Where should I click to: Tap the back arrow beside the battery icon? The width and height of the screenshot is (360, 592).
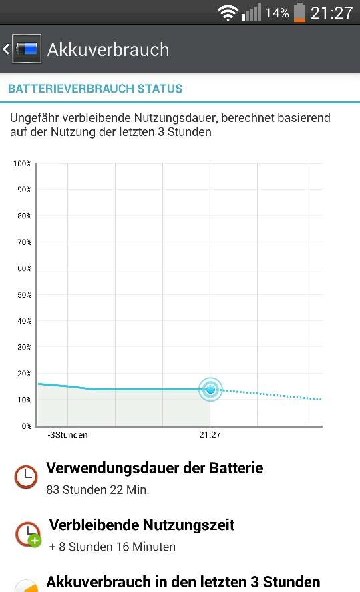(x=6, y=49)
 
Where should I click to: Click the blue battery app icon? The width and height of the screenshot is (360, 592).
(x=27, y=49)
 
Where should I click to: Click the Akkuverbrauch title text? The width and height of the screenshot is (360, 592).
(x=108, y=49)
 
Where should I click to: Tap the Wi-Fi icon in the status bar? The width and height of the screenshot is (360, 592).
(x=227, y=13)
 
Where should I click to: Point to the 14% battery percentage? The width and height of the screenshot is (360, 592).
(x=277, y=13)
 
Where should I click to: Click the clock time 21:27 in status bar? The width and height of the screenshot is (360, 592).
(x=332, y=13)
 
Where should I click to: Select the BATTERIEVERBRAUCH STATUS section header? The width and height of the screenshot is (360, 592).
(x=96, y=89)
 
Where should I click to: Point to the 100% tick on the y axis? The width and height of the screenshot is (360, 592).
(x=22, y=164)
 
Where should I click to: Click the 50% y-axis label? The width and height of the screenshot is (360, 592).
(x=24, y=295)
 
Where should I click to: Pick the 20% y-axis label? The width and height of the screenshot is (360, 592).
(x=24, y=374)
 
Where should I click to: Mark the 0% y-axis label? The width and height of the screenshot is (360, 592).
(x=27, y=426)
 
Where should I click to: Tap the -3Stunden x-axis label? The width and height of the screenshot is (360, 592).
(x=67, y=435)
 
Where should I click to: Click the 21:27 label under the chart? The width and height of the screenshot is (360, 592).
(x=210, y=435)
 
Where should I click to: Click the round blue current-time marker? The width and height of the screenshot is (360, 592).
(x=211, y=389)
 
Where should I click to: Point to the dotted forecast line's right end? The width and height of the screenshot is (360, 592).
(x=321, y=399)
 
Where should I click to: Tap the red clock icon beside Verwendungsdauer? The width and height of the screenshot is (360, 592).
(x=26, y=477)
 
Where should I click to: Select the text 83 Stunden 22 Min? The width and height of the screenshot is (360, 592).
(x=98, y=490)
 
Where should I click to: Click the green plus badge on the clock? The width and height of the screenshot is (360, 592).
(x=34, y=541)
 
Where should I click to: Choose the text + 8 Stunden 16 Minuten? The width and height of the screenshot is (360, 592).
(x=112, y=547)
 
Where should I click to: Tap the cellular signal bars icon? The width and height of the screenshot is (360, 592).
(x=251, y=13)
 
